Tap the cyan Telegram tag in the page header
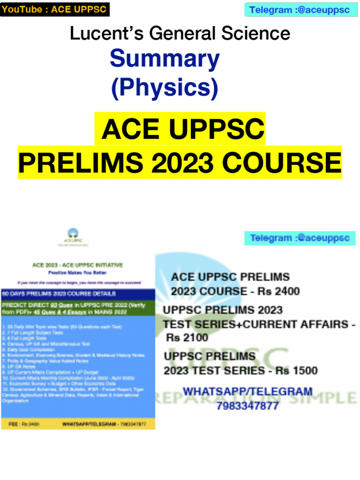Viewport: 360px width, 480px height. tap(299, 10)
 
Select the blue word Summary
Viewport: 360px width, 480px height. tap(165, 60)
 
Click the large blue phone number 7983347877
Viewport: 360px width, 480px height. tap(247, 405)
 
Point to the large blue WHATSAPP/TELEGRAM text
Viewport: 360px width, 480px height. tap(247, 391)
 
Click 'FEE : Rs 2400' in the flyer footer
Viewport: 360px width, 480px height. tap(24, 424)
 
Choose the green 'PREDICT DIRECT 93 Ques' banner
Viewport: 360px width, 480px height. tap(78, 308)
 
